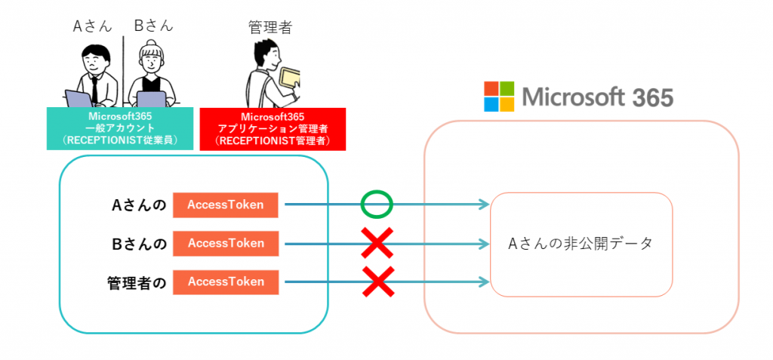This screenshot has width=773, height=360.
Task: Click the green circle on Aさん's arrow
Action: pos(377,204)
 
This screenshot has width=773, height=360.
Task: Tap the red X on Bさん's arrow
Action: pos(377,243)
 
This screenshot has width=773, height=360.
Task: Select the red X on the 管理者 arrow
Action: pos(377,282)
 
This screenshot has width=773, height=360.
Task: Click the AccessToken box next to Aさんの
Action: pos(226,205)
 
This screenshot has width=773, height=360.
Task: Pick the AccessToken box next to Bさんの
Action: pos(226,243)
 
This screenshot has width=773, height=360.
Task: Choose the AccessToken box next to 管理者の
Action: pos(226,282)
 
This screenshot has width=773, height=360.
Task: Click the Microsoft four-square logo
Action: pos(499,97)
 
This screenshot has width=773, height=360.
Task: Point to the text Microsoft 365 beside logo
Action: pos(596,97)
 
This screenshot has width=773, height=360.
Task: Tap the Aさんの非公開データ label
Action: pos(581,244)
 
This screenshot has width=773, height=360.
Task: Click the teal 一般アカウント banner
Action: pos(121,128)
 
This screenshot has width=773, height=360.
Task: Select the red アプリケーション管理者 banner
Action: pos(273,128)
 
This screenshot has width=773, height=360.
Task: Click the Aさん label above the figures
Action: pos(91,26)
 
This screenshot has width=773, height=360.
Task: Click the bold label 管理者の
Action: pos(136,282)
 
